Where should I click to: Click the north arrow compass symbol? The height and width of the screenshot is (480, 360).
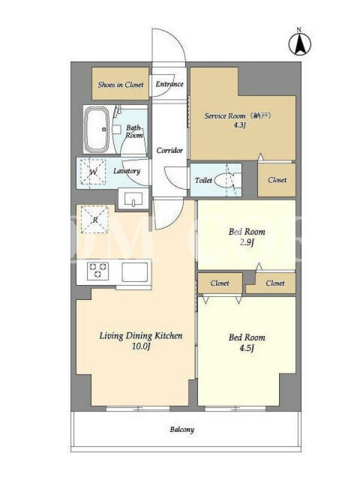[x=299, y=43]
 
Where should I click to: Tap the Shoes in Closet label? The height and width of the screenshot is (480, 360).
[x=121, y=85]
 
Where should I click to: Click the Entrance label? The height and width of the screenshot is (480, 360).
[x=169, y=84]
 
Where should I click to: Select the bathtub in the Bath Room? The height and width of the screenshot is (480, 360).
[x=97, y=130]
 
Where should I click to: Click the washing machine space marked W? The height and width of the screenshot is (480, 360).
[x=93, y=172]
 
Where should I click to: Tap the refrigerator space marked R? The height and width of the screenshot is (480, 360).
[x=95, y=220]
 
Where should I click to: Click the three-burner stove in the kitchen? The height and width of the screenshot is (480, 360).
[x=98, y=271]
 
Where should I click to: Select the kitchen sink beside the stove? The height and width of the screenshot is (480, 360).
[x=134, y=272]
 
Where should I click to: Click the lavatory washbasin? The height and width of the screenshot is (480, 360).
[x=133, y=199]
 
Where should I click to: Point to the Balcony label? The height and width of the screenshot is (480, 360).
[x=182, y=430]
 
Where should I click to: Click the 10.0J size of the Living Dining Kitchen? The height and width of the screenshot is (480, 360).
[x=141, y=346]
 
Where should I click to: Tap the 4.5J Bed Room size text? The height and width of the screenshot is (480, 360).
[x=247, y=348]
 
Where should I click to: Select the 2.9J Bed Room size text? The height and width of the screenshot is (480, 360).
[x=247, y=242]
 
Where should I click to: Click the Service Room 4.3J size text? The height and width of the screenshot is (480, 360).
[x=240, y=125]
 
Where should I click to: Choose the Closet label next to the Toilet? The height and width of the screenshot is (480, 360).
[x=277, y=180]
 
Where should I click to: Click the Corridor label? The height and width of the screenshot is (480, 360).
[x=170, y=151]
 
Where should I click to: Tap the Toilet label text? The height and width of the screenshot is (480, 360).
[x=203, y=181]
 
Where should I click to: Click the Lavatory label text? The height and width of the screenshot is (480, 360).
[x=127, y=171]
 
